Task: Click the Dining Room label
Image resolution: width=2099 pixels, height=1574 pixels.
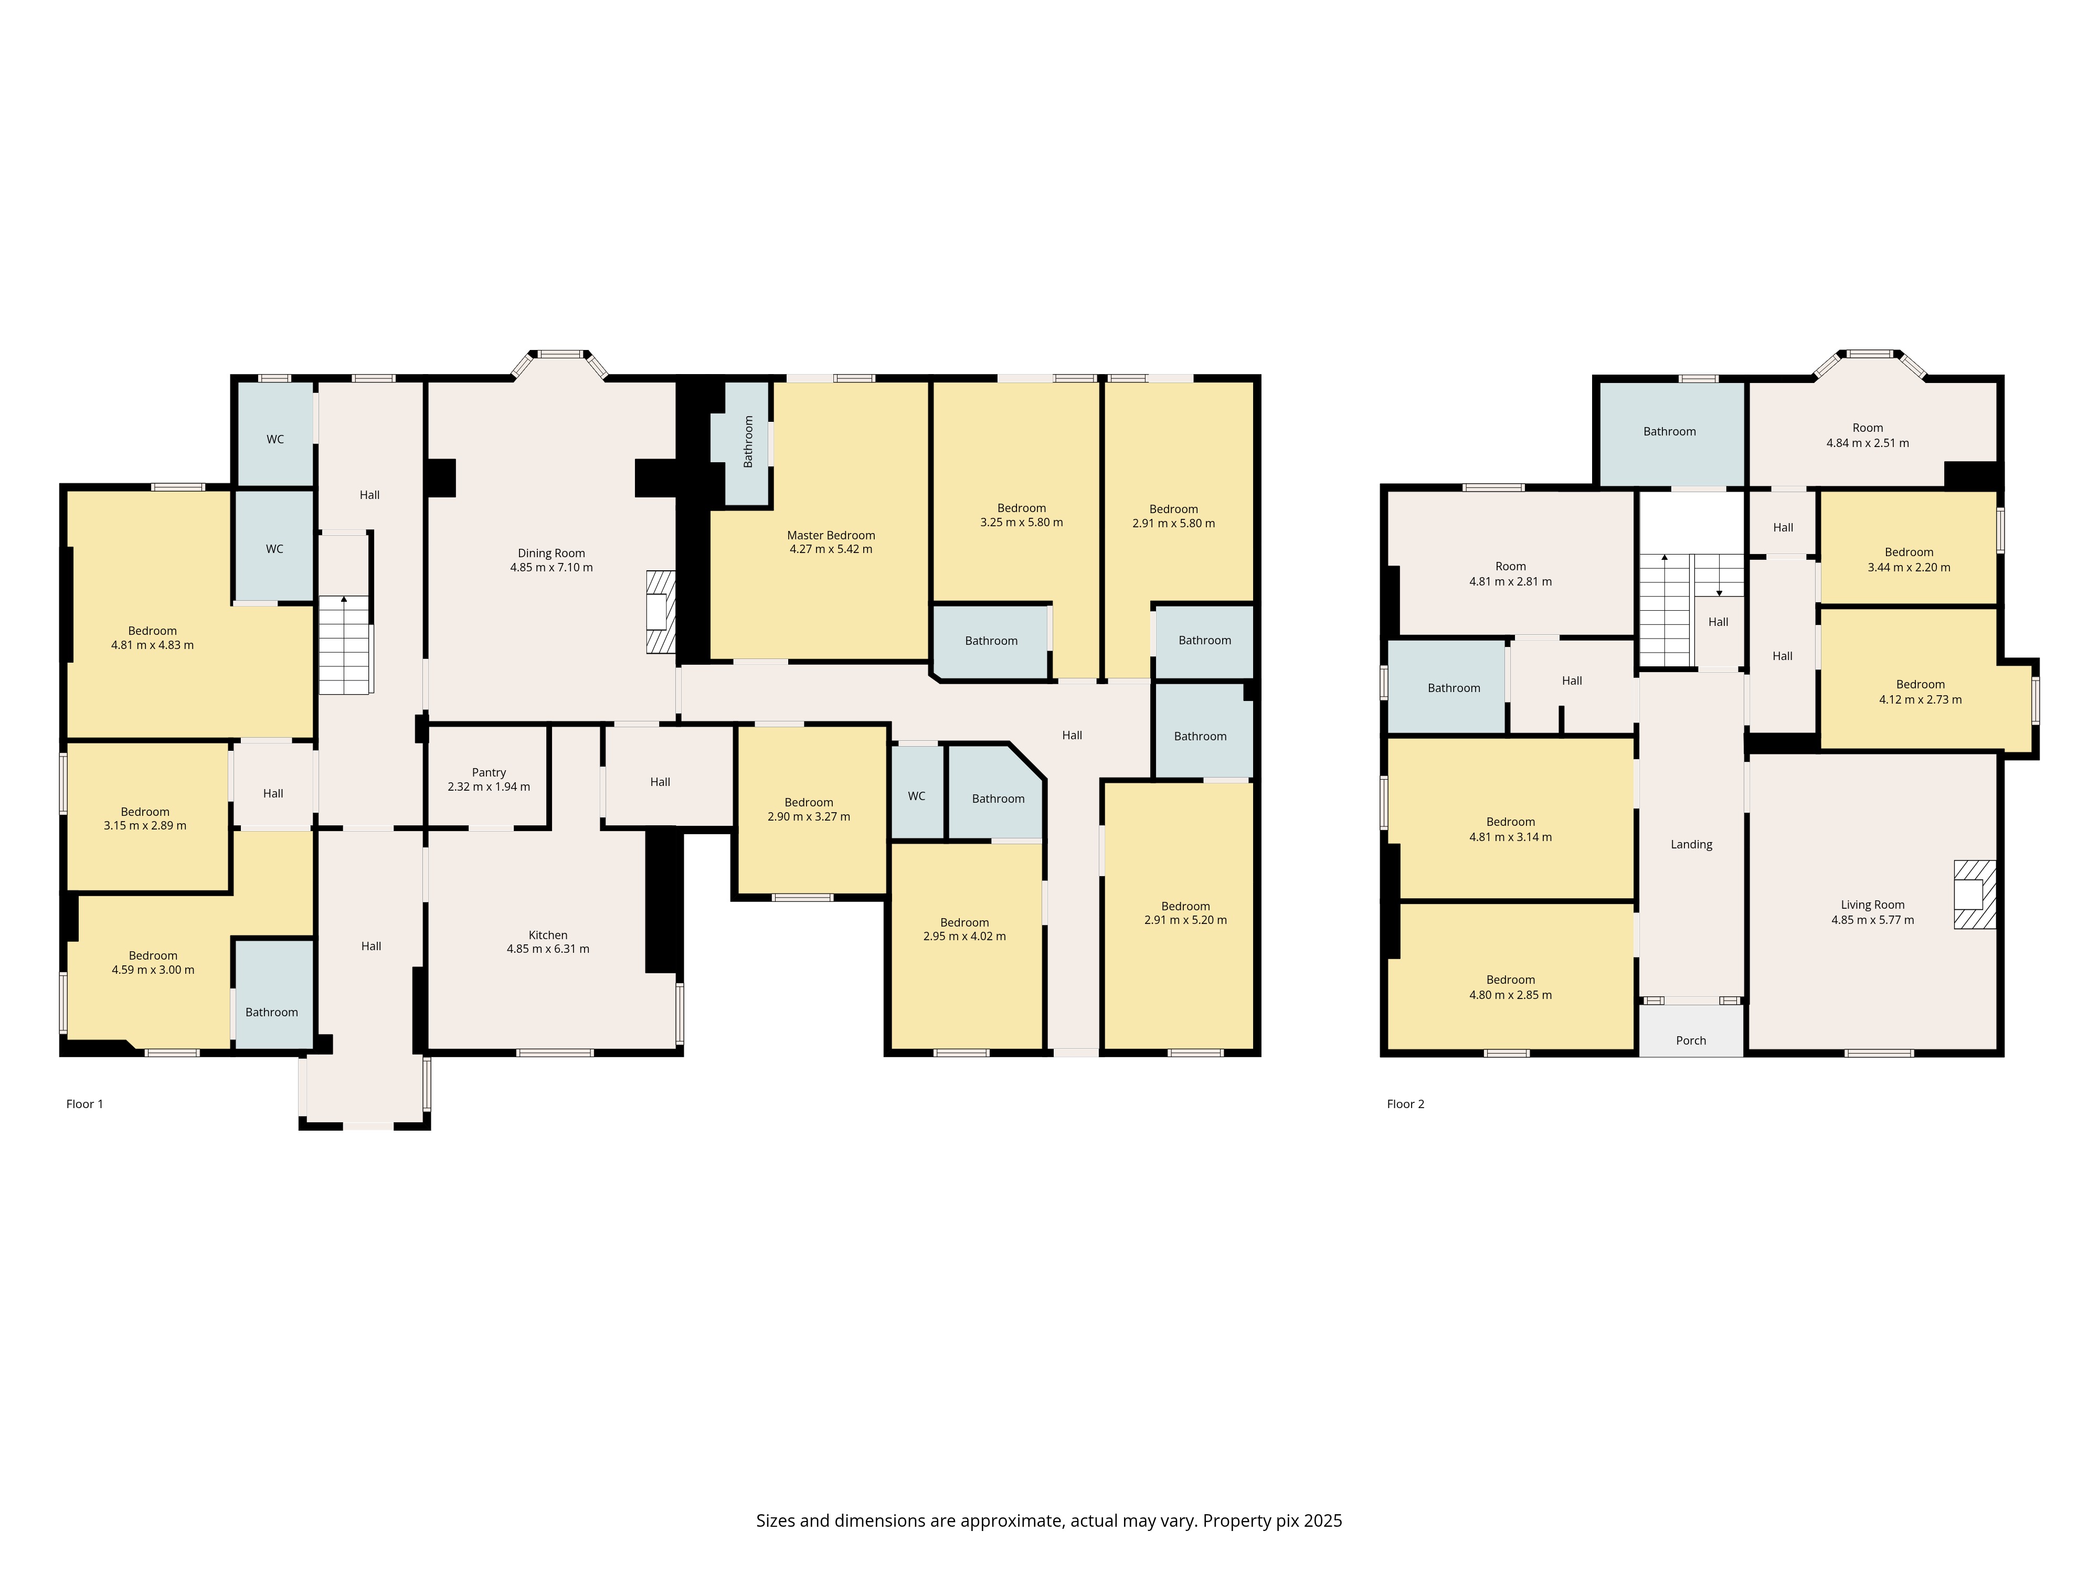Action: coord(552,553)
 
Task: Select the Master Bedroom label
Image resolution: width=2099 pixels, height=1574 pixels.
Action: coord(831,535)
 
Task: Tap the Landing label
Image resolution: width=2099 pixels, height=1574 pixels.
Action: coord(1691,844)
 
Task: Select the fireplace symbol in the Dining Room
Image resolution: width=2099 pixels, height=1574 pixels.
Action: coord(661,611)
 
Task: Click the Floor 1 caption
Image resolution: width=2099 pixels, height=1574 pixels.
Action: coord(84,1103)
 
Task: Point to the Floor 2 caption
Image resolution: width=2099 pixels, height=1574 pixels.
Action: coord(1405,1103)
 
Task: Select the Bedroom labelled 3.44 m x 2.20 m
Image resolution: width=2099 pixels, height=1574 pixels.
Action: coord(1909,560)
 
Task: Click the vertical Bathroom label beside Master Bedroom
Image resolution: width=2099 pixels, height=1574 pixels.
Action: coord(748,441)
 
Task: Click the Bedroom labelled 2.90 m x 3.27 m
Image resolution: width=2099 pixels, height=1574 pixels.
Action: coord(809,809)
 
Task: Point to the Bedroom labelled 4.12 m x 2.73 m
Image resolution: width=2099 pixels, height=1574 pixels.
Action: coord(1921,692)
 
